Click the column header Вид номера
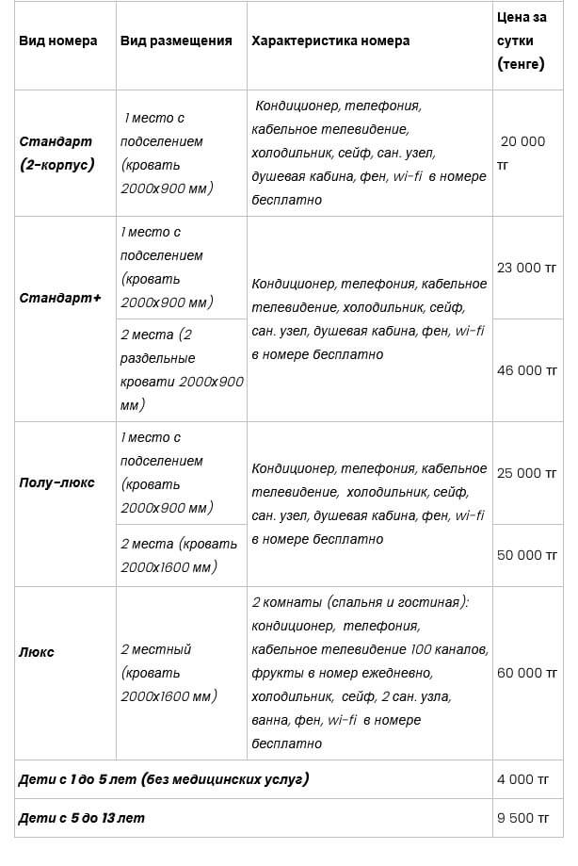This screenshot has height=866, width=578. click(57, 41)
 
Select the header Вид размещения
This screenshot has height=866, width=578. click(176, 41)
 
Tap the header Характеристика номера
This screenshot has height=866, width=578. click(330, 41)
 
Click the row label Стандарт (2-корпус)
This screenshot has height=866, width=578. click(57, 153)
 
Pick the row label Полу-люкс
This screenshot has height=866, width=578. click(57, 482)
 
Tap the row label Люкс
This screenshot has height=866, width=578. click(37, 652)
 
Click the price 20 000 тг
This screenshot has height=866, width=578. click(522, 153)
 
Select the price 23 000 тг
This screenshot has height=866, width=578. click(527, 268)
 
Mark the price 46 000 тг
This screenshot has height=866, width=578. click(527, 370)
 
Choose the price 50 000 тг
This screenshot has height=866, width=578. click(527, 555)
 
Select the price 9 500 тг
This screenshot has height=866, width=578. click(522, 818)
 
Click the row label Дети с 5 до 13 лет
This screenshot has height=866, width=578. click(83, 818)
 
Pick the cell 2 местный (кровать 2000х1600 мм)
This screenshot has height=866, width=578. click(169, 673)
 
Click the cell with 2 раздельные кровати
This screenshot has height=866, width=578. click(182, 369)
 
